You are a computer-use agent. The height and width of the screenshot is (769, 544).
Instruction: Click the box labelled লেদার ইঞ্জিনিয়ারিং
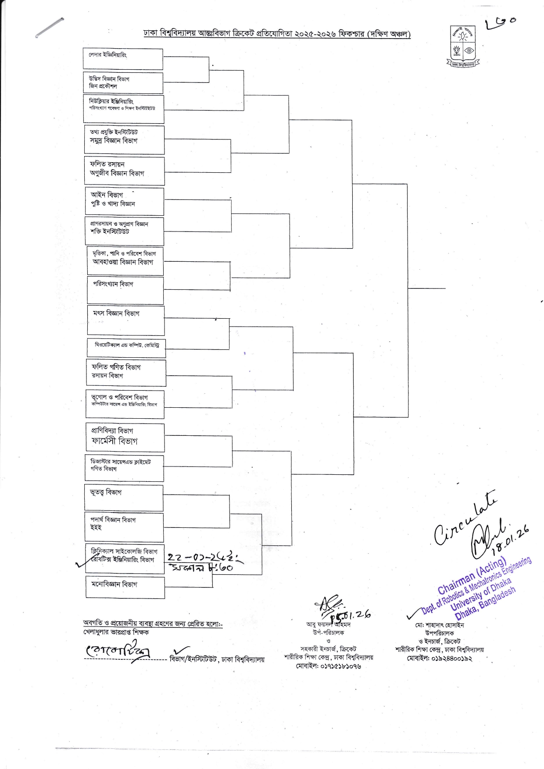click(123, 59)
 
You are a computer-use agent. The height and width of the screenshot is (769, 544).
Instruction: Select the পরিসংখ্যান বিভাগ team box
click(125, 290)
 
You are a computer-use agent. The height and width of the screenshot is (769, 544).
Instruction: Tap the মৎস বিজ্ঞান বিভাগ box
click(126, 320)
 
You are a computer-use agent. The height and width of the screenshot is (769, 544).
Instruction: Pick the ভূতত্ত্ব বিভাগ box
click(124, 497)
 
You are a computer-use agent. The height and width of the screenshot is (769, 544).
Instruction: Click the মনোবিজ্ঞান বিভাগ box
click(125, 587)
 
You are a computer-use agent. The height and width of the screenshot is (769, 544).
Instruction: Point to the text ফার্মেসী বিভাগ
click(115, 441)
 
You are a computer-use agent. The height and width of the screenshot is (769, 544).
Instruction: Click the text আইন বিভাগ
click(107, 195)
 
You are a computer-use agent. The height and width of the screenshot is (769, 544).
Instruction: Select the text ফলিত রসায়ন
click(107, 164)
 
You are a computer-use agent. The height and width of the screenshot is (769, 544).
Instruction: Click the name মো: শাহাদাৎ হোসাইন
click(439, 625)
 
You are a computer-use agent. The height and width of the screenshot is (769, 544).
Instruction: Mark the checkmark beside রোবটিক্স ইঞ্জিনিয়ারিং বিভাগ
click(82, 564)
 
